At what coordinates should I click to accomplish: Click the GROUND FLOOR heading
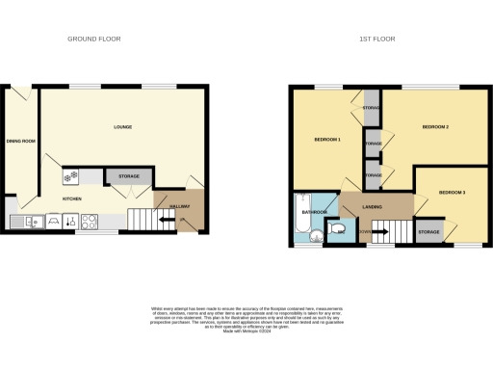93,40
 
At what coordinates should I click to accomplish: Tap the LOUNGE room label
122,128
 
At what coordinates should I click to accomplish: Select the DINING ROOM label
21,142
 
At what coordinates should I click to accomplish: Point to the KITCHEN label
71,198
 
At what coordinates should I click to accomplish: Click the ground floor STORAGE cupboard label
129,176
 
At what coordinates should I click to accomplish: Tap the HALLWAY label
179,205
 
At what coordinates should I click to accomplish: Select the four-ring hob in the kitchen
90,222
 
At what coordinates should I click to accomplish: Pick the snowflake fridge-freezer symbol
69,177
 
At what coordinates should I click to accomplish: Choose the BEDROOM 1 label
327,141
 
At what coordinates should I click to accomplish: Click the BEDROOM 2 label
436,127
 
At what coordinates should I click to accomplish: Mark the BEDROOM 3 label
452,193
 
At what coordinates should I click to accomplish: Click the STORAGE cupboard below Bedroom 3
428,231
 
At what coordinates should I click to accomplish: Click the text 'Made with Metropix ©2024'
246,329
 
